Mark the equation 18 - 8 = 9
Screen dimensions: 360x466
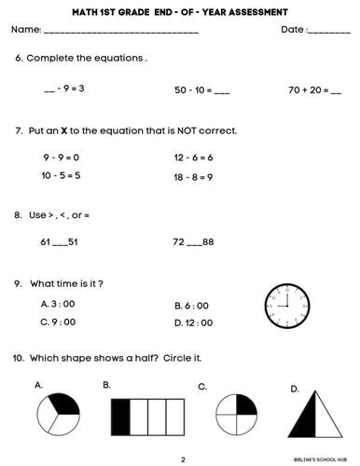click(x=194, y=175)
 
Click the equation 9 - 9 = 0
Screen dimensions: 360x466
click(x=61, y=158)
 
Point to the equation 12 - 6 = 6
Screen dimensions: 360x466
click(x=194, y=158)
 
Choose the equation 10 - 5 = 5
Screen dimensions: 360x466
click(x=61, y=175)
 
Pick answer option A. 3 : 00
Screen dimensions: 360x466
click(x=58, y=304)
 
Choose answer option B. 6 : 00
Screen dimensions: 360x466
click(x=191, y=305)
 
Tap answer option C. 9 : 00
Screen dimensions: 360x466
click(x=58, y=322)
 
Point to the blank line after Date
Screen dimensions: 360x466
click(x=328, y=33)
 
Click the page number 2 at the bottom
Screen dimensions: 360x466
click(x=183, y=459)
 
